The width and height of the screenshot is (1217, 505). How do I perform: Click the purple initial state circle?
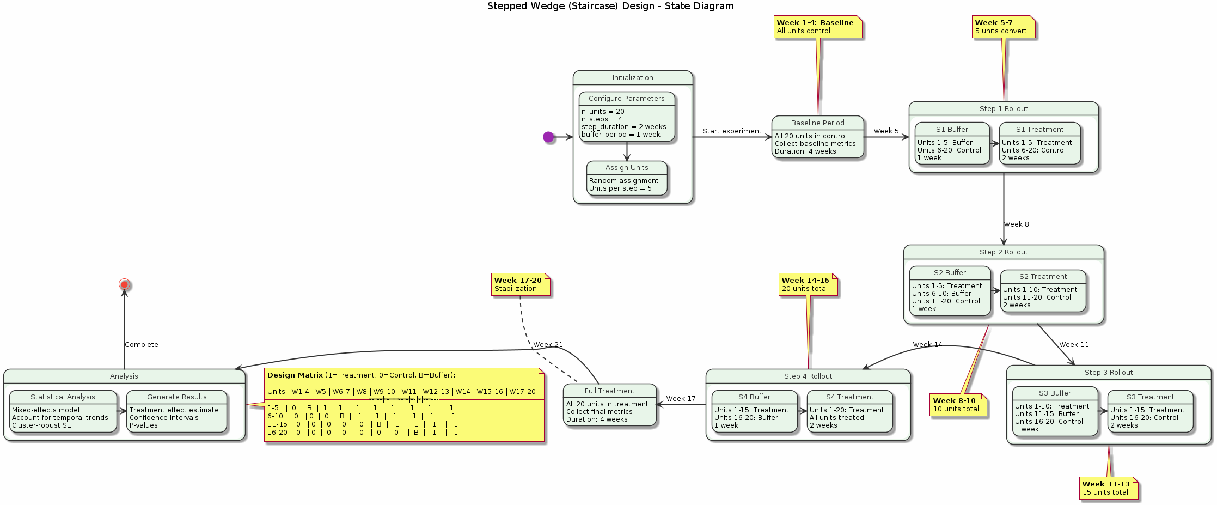548,137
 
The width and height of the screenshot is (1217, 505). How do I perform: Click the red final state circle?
124,284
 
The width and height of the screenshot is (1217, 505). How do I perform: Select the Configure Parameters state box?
627,117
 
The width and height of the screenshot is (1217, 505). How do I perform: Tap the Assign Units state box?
627,178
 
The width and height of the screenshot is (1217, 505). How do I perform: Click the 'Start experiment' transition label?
731,131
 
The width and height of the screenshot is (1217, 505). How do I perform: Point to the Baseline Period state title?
817,123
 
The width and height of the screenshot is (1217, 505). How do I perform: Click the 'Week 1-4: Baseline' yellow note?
817,27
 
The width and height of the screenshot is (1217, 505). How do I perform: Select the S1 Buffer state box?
952,144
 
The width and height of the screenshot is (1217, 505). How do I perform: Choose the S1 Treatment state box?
1039,144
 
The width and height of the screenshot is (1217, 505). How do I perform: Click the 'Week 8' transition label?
1016,224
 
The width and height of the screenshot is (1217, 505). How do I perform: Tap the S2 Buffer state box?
950,291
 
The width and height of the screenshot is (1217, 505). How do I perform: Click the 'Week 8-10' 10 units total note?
958,405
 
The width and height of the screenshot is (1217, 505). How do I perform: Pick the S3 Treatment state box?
1150,412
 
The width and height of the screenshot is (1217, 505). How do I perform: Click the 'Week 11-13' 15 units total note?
1108,488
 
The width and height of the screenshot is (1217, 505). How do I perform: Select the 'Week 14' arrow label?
927,345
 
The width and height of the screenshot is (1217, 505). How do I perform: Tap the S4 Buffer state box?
754,412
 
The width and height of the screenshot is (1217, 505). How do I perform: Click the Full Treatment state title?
609,391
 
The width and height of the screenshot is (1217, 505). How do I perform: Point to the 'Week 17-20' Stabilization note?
521,284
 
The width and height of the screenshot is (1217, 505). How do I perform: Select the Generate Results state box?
176,412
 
